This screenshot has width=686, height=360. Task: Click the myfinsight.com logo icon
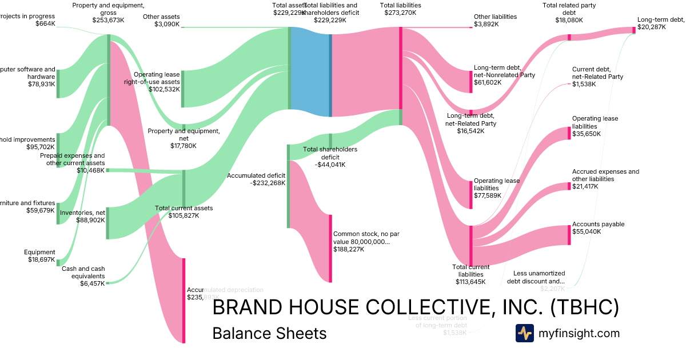[x=525, y=333]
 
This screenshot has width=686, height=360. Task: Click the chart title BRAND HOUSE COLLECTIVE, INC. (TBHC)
[x=416, y=307]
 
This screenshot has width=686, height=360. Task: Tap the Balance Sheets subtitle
[x=269, y=333]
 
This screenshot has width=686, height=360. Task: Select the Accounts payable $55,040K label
[x=598, y=228]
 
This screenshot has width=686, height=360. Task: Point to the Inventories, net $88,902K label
[x=82, y=216]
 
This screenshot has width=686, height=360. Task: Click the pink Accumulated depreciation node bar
[x=184, y=301]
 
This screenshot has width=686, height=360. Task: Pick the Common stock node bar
[x=330, y=248]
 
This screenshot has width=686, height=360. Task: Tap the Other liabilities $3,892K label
[x=495, y=21]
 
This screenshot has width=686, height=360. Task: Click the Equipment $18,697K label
[x=39, y=256]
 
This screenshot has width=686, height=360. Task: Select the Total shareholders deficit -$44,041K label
[x=330, y=157]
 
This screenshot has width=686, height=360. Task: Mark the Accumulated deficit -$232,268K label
[x=256, y=179]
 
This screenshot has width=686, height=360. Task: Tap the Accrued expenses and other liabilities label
[x=605, y=179]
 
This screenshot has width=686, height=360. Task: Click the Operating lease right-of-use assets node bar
[x=183, y=89]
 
